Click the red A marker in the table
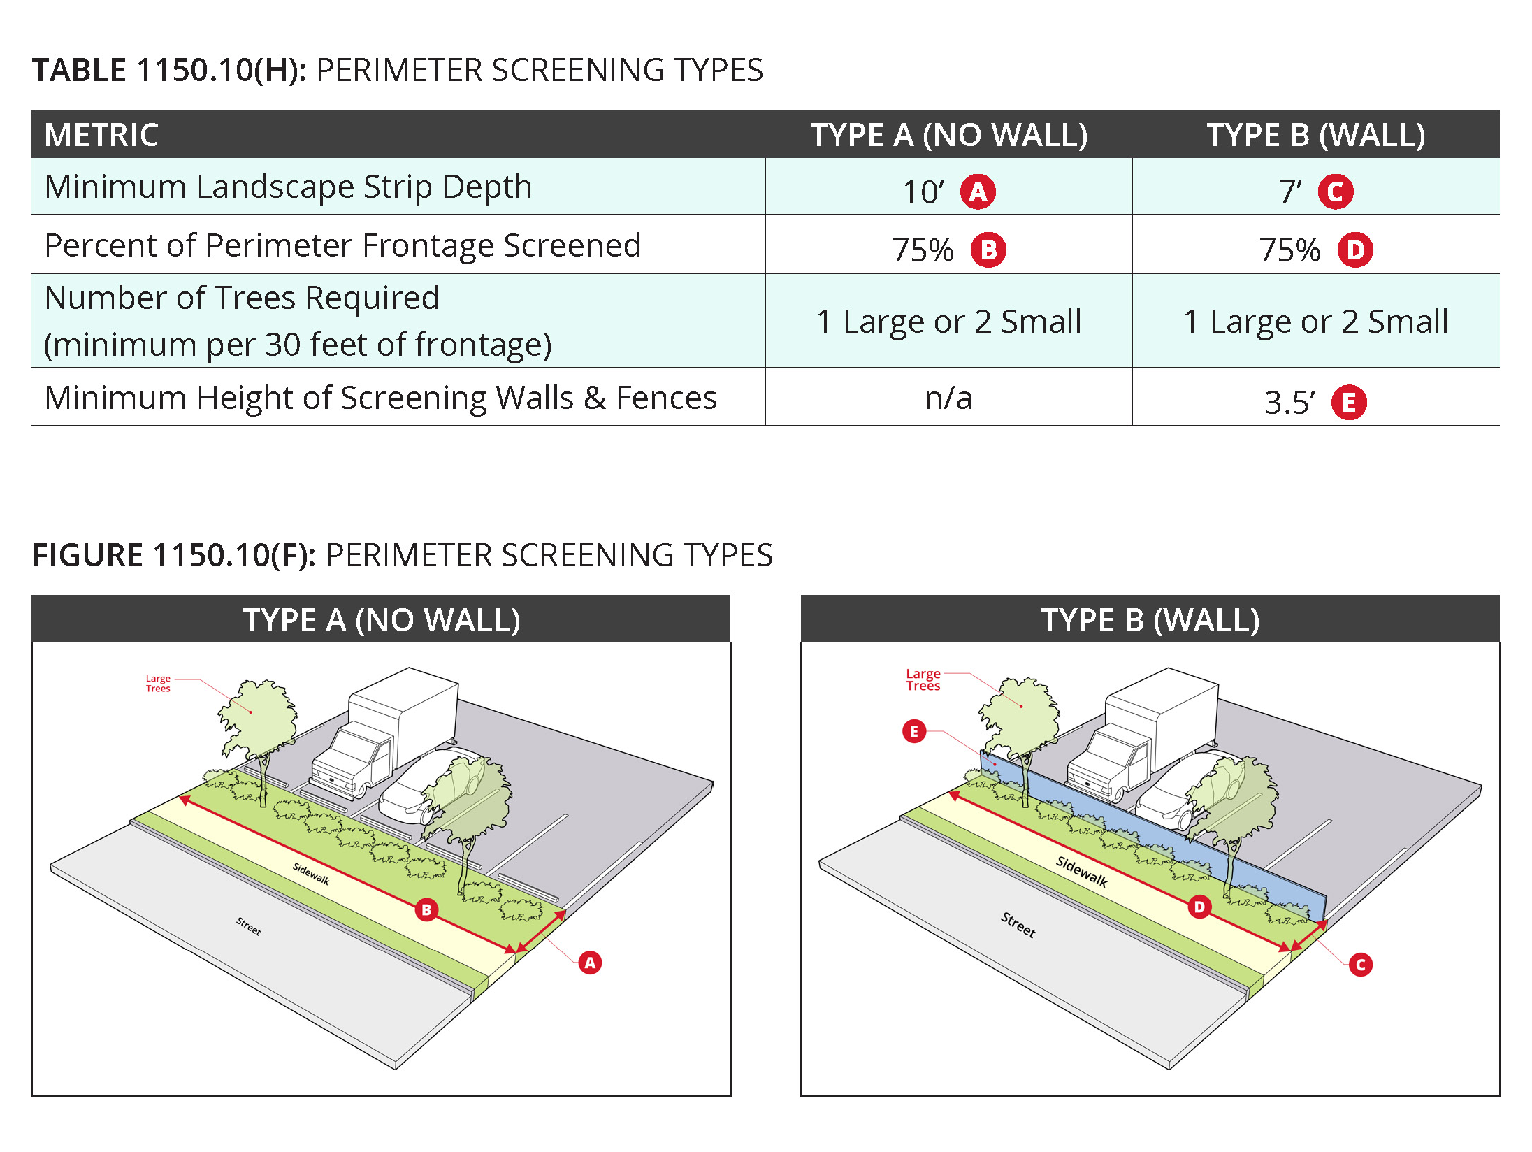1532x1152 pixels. pyautogui.click(x=978, y=192)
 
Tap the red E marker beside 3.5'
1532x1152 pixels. pyautogui.click(x=1348, y=403)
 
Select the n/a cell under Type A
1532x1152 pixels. pyautogui.click(x=948, y=398)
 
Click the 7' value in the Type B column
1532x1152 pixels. pyautogui.click(x=1289, y=192)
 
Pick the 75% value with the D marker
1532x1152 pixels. pyautogui.click(x=1289, y=250)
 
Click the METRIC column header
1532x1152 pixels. pyautogui.click(x=102, y=134)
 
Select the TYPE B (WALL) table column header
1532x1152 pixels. pyautogui.click(x=1315, y=134)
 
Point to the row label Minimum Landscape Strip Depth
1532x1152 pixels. pyautogui.click(x=288, y=187)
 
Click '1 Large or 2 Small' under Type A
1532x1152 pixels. pyautogui.click(x=948, y=322)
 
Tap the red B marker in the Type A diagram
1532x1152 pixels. pyautogui.click(x=426, y=909)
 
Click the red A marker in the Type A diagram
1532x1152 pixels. pyautogui.click(x=590, y=963)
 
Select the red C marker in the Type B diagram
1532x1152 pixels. pyautogui.click(x=1360, y=965)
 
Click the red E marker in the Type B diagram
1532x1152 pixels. pyautogui.click(x=913, y=731)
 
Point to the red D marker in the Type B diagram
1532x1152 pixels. pyautogui.click(x=1199, y=907)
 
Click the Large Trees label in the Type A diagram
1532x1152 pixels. pyautogui.click(x=158, y=683)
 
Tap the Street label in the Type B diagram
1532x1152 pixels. pyautogui.click(x=1018, y=924)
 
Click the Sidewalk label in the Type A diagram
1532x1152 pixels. pyautogui.click(x=311, y=874)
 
